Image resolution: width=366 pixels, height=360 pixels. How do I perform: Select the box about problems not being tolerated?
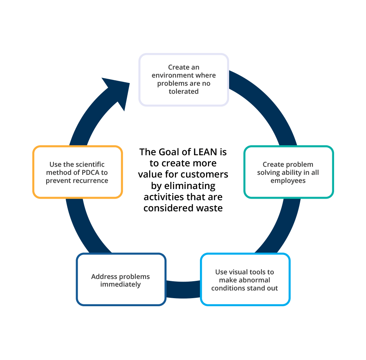click(184, 80)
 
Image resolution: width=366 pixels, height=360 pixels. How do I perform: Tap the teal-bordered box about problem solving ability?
click(288, 172)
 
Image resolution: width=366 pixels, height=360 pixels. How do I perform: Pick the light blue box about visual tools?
click(245, 280)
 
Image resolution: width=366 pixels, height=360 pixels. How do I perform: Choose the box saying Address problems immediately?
click(121, 280)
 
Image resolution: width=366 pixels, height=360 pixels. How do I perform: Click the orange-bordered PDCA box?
click(77, 172)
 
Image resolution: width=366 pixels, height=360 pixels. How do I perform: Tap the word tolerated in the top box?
click(184, 91)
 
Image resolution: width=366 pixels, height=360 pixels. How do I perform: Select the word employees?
click(288, 181)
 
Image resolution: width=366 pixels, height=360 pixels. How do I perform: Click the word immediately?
click(120, 284)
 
